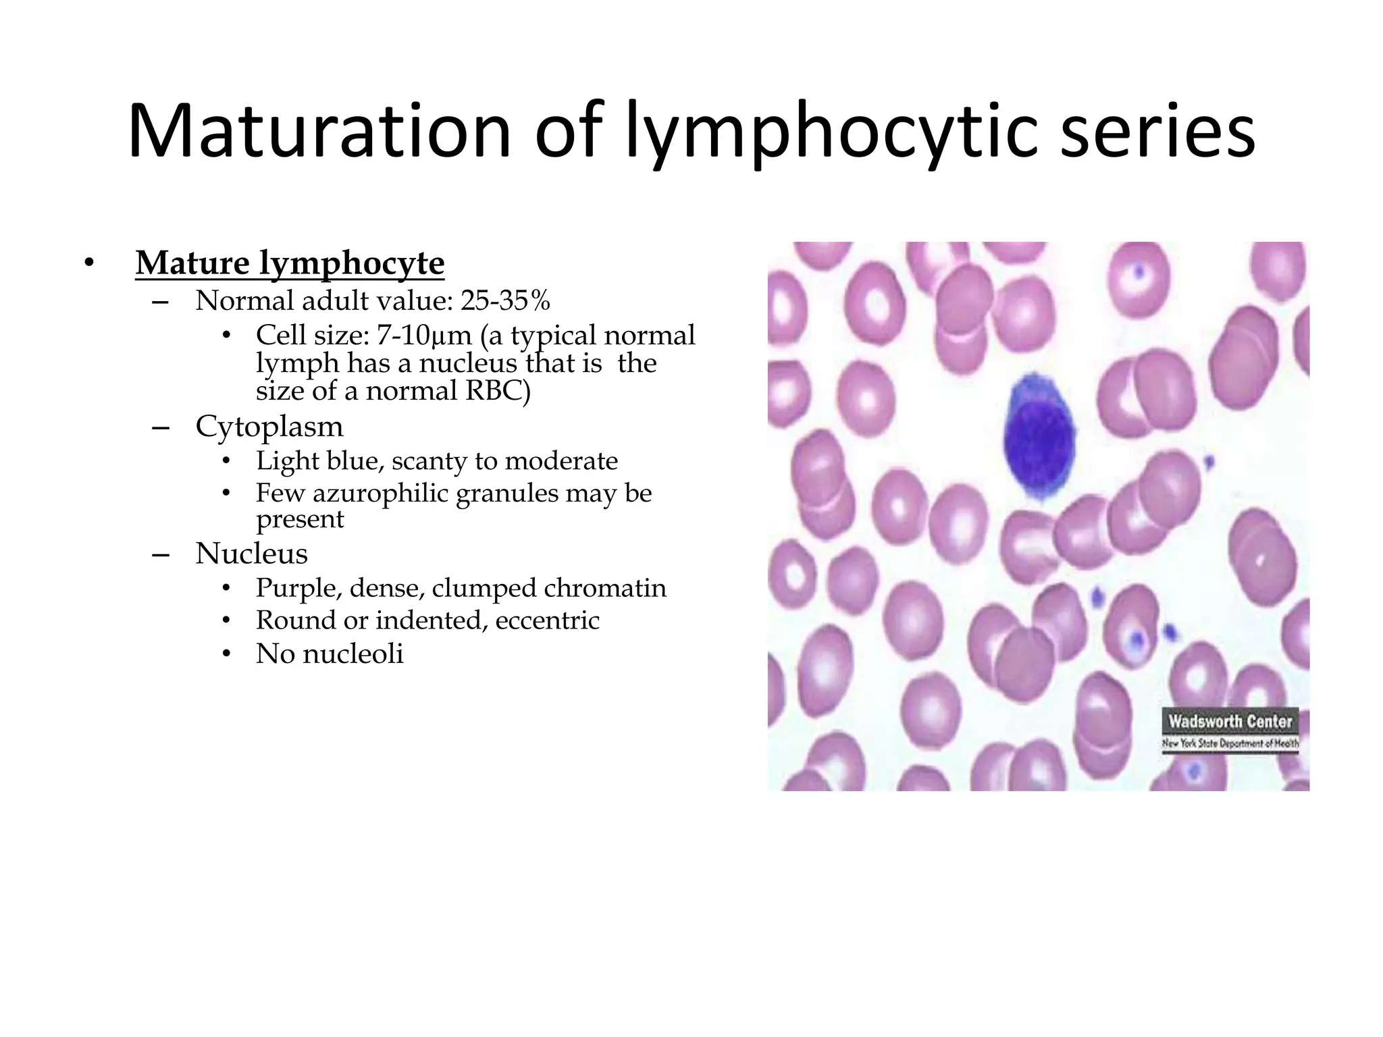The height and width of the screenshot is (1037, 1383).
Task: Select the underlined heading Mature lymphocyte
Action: point(290,263)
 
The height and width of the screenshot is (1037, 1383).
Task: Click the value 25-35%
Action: point(505,301)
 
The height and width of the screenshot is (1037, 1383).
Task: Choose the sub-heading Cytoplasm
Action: point(269,427)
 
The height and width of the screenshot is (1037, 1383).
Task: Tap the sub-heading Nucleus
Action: point(251,554)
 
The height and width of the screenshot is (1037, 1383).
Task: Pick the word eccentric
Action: point(547,620)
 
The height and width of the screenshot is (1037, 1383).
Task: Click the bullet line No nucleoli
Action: point(329,654)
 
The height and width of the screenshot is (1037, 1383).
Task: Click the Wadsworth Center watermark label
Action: point(1230,722)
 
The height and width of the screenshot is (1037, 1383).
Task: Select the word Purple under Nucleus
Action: point(298,589)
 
